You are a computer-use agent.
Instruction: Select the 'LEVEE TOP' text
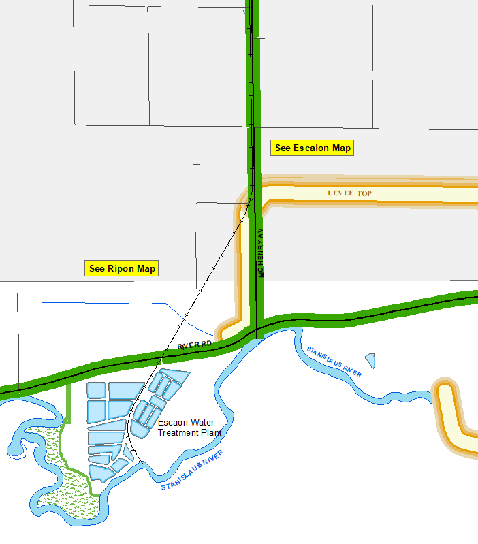[x=349, y=194]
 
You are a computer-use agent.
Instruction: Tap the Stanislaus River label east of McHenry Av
[x=334, y=362]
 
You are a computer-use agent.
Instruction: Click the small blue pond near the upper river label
[x=370, y=358]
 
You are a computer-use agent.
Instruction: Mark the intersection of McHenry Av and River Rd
[x=257, y=330]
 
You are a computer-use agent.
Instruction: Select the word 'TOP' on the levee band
[x=365, y=194]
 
